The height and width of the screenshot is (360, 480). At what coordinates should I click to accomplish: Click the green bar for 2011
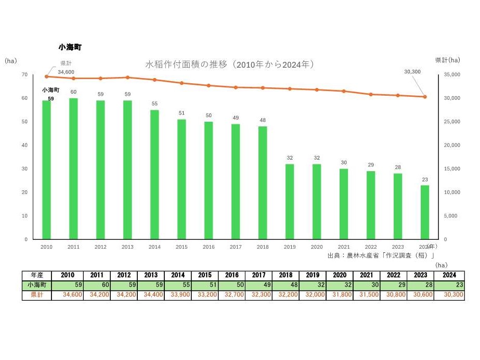click(73, 169)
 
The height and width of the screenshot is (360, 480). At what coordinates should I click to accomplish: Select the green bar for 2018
click(263, 183)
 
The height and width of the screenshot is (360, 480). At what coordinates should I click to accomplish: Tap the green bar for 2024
click(425, 212)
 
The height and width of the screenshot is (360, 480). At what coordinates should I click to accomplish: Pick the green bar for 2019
click(290, 201)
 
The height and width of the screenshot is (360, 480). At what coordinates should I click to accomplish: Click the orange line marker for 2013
click(127, 78)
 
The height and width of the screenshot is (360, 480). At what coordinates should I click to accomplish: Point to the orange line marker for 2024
click(425, 97)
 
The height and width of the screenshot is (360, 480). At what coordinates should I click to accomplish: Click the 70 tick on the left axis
click(24, 75)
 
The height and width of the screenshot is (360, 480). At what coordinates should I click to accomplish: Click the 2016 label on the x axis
click(209, 247)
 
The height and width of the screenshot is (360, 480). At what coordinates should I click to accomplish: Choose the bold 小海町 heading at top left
click(70, 47)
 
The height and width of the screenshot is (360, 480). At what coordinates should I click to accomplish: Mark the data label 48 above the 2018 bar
click(263, 120)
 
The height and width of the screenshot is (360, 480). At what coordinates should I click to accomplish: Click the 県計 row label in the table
click(37, 295)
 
